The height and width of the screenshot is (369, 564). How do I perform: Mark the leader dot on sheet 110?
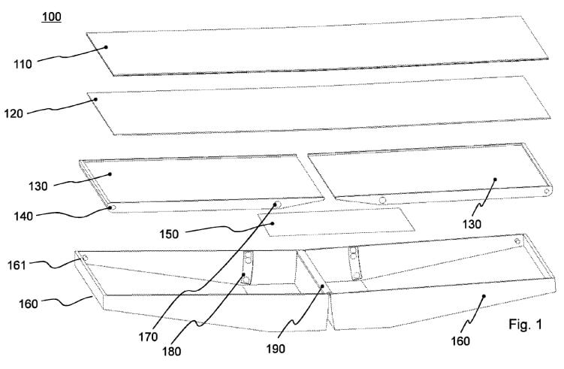[x=107, y=47]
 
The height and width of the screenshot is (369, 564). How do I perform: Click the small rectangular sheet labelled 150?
[x=338, y=223]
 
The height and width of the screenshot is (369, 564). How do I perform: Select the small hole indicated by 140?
[x=113, y=207]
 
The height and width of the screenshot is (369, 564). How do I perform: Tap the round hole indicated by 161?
[x=84, y=258]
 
